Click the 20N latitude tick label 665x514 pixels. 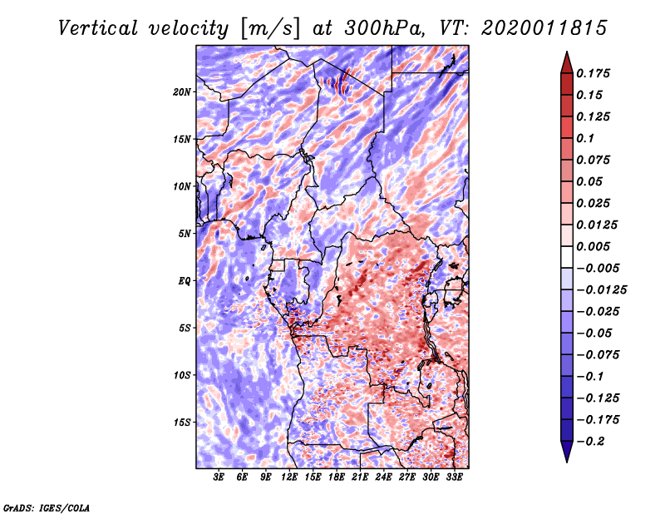pyautogui.click(x=182, y=92)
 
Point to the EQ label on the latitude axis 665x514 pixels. pyautogui.click(x=185, y=281)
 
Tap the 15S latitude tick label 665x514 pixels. pyautogui.click(x=182, y=423)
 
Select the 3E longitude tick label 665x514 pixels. pyautogui.click(x=219, y=477)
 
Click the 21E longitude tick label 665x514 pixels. pyautogui.click(x=360, y=477)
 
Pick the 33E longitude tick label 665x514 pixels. pyautogui.click(x=454, y=477)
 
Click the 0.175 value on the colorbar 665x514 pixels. pyautogui.click(x=593, y=73)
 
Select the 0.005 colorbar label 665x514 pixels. pyautogui.click(x=593, y=246)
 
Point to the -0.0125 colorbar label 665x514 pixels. pyautogui.click(x=601, y=290)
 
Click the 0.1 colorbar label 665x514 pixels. pyautogui.click(x=585, y=138)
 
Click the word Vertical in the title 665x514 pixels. pyautogui.click(x=98, y=28)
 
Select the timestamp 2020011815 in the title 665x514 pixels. pyautogui.click(x=544, y=28)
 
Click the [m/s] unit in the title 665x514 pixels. pyautogui.click(x=270, y=29)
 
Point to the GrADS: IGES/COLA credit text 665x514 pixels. pyautogui.click(x=47, y=507)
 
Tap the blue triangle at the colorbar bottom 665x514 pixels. pyautogui.click(x=567, y=452)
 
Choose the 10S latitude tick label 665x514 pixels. pyautogui.click(x=182, y=375)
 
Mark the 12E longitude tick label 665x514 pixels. pyautogui.click(x=288, y=477)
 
